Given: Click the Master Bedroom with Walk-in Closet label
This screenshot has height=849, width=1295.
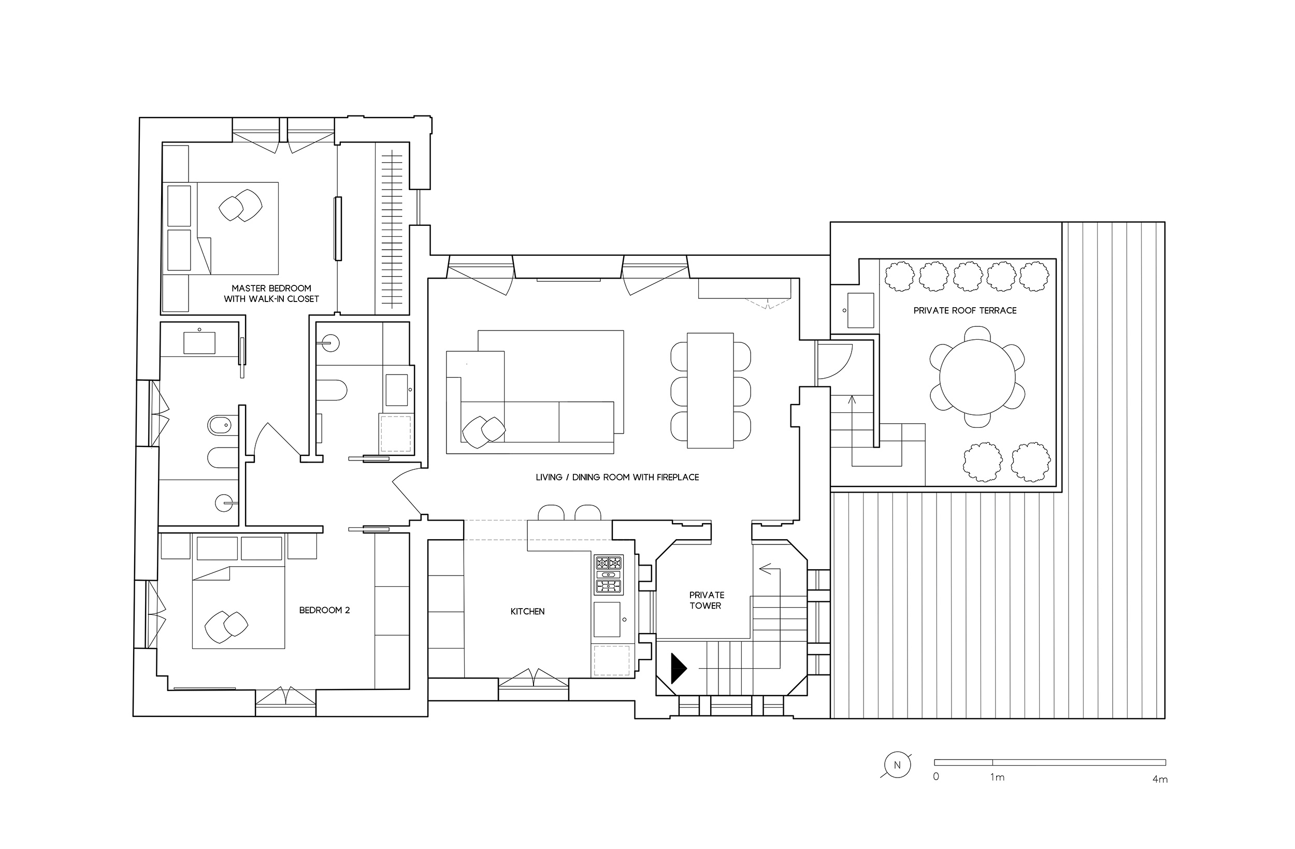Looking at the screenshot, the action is point(271,293).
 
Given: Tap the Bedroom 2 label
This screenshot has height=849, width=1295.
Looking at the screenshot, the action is point(324,610).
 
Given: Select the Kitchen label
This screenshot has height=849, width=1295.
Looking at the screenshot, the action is point(527,612).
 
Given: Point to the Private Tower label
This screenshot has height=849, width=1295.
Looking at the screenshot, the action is point(706,600).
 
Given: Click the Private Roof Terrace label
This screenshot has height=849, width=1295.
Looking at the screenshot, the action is point(965,311).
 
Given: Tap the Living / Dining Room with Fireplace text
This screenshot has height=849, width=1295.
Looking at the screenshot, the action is point(617,477).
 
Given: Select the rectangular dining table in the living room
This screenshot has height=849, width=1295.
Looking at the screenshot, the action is point(710,390).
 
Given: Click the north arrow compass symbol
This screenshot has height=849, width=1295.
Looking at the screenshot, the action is point(897,765).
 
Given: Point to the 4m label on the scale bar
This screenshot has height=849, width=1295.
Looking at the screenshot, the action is point(1159,780).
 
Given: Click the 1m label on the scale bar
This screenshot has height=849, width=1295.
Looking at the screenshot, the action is point(997,778).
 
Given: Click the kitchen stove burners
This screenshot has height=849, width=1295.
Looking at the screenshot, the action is point(608,574).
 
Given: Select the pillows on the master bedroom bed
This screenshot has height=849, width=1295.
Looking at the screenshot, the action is point(240,206).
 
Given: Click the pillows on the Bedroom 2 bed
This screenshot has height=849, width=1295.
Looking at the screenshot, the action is point(226,626).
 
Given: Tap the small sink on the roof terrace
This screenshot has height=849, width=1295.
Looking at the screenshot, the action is point(860,310).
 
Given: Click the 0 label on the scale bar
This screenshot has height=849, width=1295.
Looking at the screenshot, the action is point(936,776).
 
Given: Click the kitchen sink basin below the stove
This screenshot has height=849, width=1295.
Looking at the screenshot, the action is point(607,620).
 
